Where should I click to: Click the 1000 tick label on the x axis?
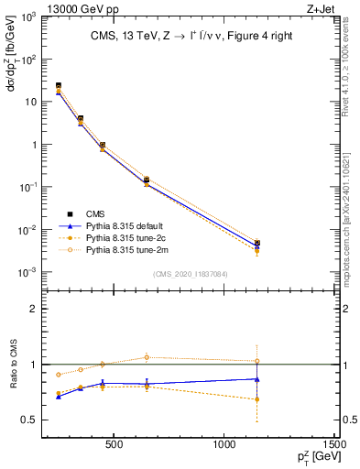coord(224,446)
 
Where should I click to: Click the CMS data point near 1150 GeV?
coord(257,244)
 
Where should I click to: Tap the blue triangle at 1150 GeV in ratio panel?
coord(257,378)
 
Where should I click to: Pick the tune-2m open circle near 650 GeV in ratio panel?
coord(147,357)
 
